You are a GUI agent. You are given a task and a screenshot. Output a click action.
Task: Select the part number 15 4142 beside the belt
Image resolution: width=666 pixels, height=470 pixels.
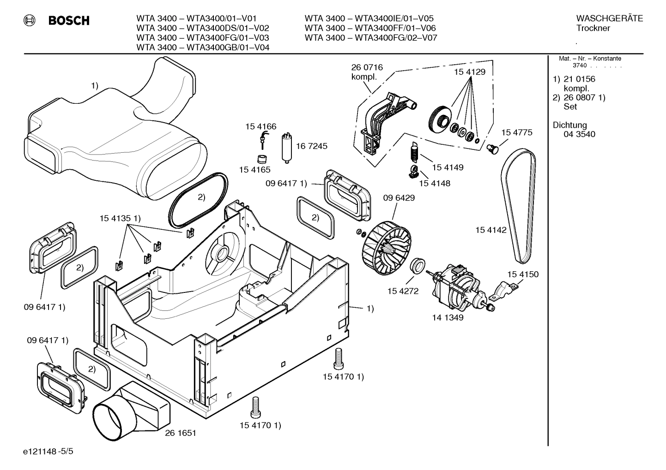491,230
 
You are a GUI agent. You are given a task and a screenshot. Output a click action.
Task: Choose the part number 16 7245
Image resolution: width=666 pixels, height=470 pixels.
312,146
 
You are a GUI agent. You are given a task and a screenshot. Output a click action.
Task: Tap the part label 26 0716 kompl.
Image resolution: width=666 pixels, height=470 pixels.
367,72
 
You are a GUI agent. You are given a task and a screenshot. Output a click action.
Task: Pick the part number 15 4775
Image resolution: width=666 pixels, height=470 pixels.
517,132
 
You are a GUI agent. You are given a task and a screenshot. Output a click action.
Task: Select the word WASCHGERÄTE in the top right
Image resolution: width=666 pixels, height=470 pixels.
609,18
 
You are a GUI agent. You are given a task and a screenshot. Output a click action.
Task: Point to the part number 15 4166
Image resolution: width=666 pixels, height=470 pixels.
260,126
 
